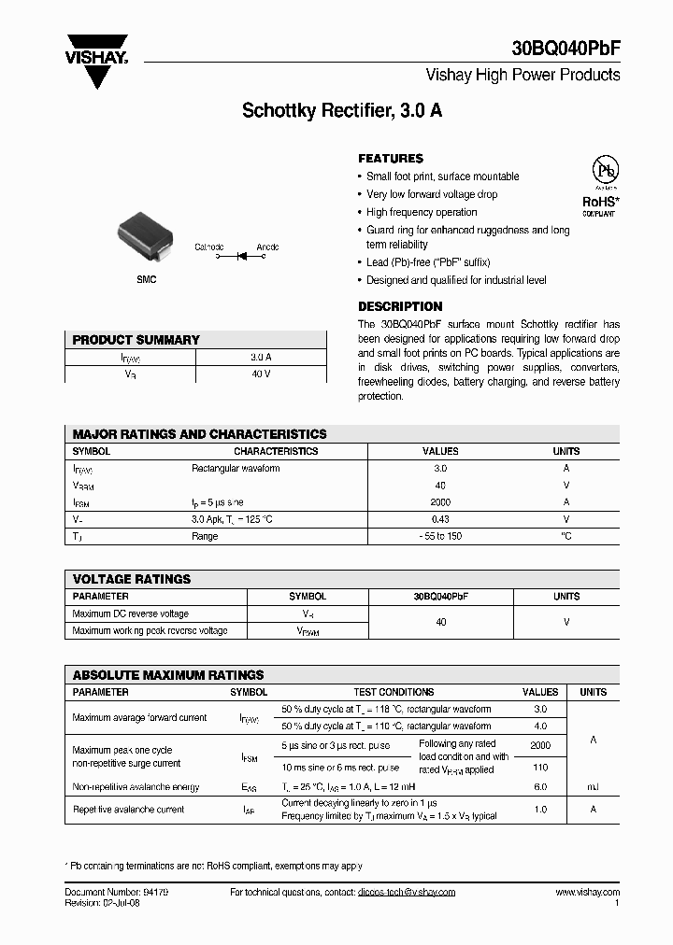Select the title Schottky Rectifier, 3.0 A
coord(341,110)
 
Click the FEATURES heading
coord(391,159)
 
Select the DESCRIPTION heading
coord(400,306)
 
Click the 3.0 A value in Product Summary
coord(261,357)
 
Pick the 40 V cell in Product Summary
coord(261,374)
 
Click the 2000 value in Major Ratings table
coord(440,501)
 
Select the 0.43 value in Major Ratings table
coord(440,519)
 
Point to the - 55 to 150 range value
coord(440,536)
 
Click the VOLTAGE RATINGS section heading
coord(132,579)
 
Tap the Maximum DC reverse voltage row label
coord(130,614)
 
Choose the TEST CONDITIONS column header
coord(394,692)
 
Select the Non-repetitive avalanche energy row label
coord(136,787)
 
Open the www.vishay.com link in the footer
coord(587,892)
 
